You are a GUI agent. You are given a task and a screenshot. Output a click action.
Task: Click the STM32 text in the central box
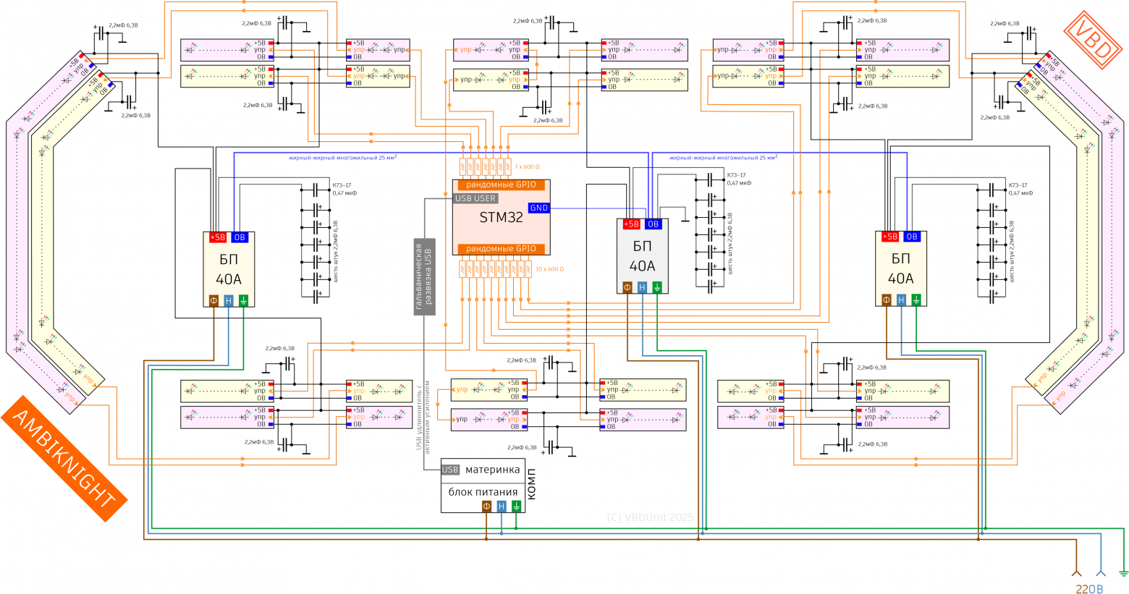tap(501, 217)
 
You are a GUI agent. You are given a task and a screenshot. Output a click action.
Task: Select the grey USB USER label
tap(475, 198)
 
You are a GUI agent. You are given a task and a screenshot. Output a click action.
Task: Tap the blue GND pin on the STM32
tap(539, 208)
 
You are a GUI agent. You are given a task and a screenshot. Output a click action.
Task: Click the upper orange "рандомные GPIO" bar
tap(501, 185)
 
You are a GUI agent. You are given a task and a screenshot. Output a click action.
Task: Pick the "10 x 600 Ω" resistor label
tap(549, 269)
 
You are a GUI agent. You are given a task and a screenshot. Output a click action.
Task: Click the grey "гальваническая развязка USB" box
tap(425, 276)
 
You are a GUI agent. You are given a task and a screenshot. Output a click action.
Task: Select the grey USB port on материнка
tap(450, 470)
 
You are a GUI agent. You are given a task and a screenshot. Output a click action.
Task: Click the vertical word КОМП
tap(532, 480)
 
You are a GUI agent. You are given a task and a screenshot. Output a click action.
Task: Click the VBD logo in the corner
tap(1093, 40)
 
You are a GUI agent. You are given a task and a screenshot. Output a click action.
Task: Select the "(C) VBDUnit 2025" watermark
tap(649, 517)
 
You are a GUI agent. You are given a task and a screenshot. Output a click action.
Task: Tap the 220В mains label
tap(1089, 589)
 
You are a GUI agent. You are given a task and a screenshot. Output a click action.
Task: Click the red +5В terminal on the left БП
tap(217, 237)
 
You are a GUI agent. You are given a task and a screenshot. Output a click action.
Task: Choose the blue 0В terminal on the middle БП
tap(653, 224)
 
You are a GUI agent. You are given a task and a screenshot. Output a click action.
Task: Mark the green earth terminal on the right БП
tap(916, 300)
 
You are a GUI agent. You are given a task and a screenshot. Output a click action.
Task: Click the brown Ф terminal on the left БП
tap(213, 300)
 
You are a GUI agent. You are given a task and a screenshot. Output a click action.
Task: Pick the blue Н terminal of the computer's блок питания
tap(502, 506)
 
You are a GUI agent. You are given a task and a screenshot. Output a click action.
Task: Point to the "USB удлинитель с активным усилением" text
tap(423, 416)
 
